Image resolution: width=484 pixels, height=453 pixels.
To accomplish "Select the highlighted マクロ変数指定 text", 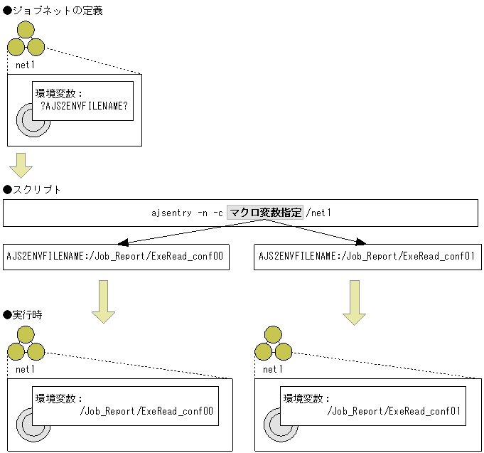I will click(x=265, y=212).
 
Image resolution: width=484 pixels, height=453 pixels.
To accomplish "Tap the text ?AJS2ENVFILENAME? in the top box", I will click(x=84, y=105).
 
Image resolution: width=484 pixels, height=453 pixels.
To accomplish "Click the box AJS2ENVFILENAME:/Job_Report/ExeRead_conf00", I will click(x=115, y=257).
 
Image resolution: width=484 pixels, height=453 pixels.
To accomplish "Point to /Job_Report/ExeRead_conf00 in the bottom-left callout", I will click(x=146, y=411).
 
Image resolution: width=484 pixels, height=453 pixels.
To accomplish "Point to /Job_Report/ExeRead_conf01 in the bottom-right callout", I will click(x=394, y=411).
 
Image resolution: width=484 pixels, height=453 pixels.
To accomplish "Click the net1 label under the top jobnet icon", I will click(x=26, y=65).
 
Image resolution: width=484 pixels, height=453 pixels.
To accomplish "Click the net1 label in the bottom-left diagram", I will click(x=26, y=368).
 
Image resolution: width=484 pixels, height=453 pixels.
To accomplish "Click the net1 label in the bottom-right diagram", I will click(x=273, y=368).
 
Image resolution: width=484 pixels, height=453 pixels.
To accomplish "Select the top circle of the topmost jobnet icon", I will click(x=26, y=30).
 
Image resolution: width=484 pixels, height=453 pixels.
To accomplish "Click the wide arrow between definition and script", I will click(x=21, y=165).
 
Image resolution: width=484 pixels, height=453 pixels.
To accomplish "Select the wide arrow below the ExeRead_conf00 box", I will click(x=103, y=301).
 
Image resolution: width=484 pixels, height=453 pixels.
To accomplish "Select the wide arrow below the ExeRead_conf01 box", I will click(x=354, y=301).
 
